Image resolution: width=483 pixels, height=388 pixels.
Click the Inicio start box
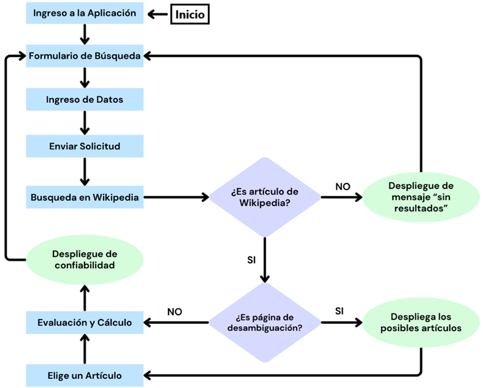(x=190, y=14)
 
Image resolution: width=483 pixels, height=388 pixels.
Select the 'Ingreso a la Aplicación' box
(x=85, y=13)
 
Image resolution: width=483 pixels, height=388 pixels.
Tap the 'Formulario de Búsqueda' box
(x=85, y=56)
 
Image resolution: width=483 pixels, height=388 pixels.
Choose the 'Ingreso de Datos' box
(x=85, y=99)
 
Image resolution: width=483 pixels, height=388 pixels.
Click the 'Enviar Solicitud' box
(x=85, y=146)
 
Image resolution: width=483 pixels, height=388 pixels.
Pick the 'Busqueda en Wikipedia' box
(x=85, y=197)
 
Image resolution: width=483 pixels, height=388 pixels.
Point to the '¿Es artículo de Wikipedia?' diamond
(x=265, y=197)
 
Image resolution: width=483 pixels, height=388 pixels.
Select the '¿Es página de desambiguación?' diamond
(x=265, y=322)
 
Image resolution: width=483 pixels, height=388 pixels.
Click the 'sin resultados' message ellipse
(x=420, y=197)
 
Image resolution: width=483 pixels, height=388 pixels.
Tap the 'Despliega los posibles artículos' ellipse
(x=420, y=322)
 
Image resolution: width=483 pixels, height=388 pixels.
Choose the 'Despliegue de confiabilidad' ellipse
(x=85, y=260)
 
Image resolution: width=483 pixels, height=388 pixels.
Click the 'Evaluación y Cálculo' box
(x=85, y=323)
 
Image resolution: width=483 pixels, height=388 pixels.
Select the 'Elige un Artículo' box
(x=85, y=375)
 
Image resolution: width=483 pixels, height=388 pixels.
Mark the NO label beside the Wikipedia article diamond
(x=343, y=187)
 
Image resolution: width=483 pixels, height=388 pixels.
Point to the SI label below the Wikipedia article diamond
(x=251, y=260)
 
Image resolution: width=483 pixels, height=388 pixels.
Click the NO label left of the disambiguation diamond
(x=175, y=312)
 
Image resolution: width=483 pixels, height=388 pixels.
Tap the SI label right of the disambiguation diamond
(x=339, y=311)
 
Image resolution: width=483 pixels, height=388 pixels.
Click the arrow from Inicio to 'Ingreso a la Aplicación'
(x=158, y=14)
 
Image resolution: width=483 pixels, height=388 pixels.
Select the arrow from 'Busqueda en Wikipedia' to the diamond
(x=177, y=197)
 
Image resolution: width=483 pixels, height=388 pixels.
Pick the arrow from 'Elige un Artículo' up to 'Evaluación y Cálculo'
(x=85, y=349)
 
